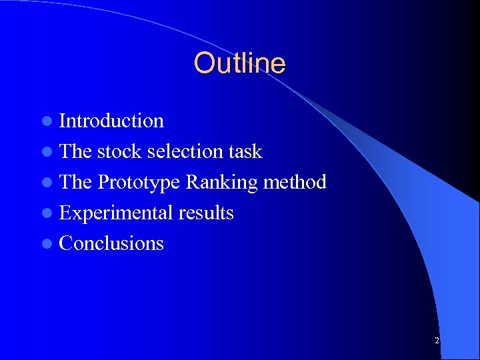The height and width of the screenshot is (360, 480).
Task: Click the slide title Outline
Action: coord(239,63)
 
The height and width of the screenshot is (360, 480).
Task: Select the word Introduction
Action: coord(111,121)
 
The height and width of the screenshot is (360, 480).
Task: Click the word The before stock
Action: coord(75,151)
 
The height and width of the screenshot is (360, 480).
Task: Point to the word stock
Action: coord(119,151)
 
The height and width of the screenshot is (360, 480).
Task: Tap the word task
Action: coord(245,151)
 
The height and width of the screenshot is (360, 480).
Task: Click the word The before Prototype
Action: coord(75,182)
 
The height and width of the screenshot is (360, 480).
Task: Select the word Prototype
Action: coord(139,183)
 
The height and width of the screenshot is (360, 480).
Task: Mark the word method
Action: coord(295,182)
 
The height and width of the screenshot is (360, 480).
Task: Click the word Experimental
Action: coord(116,213)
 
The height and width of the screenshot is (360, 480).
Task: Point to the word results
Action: coord(206,213)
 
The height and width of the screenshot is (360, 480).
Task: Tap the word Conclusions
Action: coord(111,243)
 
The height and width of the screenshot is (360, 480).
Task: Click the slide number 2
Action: coord(437,341)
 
